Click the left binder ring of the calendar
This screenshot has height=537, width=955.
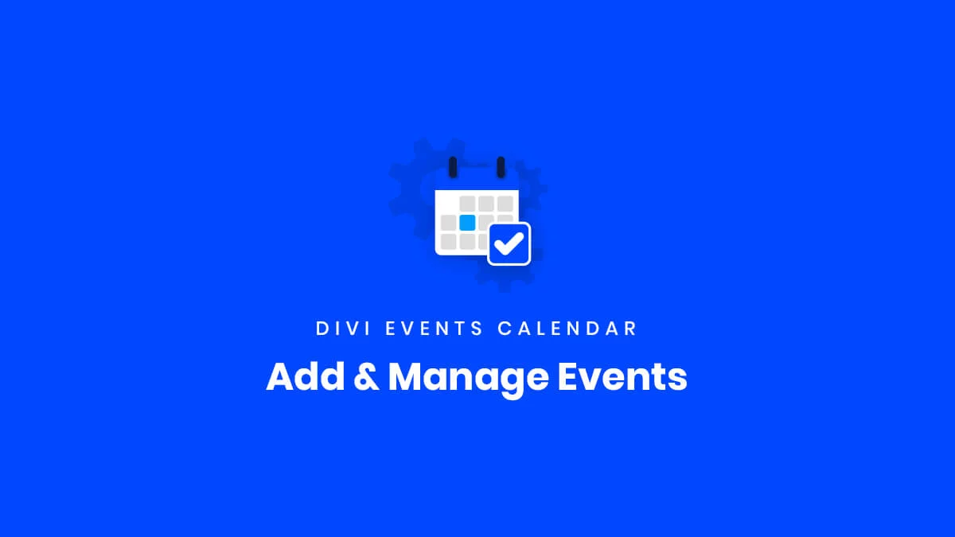[453, 167]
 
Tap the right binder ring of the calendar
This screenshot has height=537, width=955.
[501, 167]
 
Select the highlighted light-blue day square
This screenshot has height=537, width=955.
[467, 223]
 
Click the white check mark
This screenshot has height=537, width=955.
[509, 243]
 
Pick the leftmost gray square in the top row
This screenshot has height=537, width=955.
[467, 204]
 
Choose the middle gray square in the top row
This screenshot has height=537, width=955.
[486, 204]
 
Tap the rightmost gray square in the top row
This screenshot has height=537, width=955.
[505, 204]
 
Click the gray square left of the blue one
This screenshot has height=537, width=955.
[448, 223]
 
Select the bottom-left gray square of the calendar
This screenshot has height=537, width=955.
[448, 242]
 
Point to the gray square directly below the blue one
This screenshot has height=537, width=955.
[467, 242]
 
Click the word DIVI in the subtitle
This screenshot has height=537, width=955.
[343, 328]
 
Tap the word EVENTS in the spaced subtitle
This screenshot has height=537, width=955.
[434, 328]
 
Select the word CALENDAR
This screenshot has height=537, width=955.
[567, 328]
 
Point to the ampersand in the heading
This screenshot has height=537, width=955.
[367, 377]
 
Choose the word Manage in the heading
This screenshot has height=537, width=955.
[468, 379]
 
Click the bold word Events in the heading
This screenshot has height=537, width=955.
[623, 376]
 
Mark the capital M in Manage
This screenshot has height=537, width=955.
[407, 376]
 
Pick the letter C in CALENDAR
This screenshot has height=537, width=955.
[505, 328]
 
